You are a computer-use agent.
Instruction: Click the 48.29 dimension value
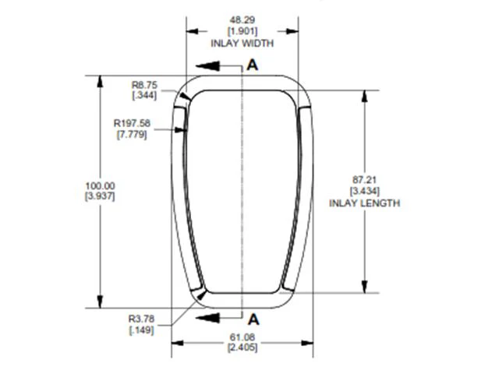coord(242,20)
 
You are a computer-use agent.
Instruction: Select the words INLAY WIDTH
coord(242,43)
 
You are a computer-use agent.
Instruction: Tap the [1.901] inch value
coord(242,31)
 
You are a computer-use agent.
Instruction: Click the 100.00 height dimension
coord(100,185)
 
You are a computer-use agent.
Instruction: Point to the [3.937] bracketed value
coord(100,196)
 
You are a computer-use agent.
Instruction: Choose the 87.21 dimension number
coord(364,180)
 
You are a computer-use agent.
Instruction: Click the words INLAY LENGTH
coord(364,203)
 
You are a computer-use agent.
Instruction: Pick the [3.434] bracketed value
coord(364,191)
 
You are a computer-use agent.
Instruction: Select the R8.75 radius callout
coord(144,85)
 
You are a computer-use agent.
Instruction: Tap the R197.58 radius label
coord(132,123)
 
